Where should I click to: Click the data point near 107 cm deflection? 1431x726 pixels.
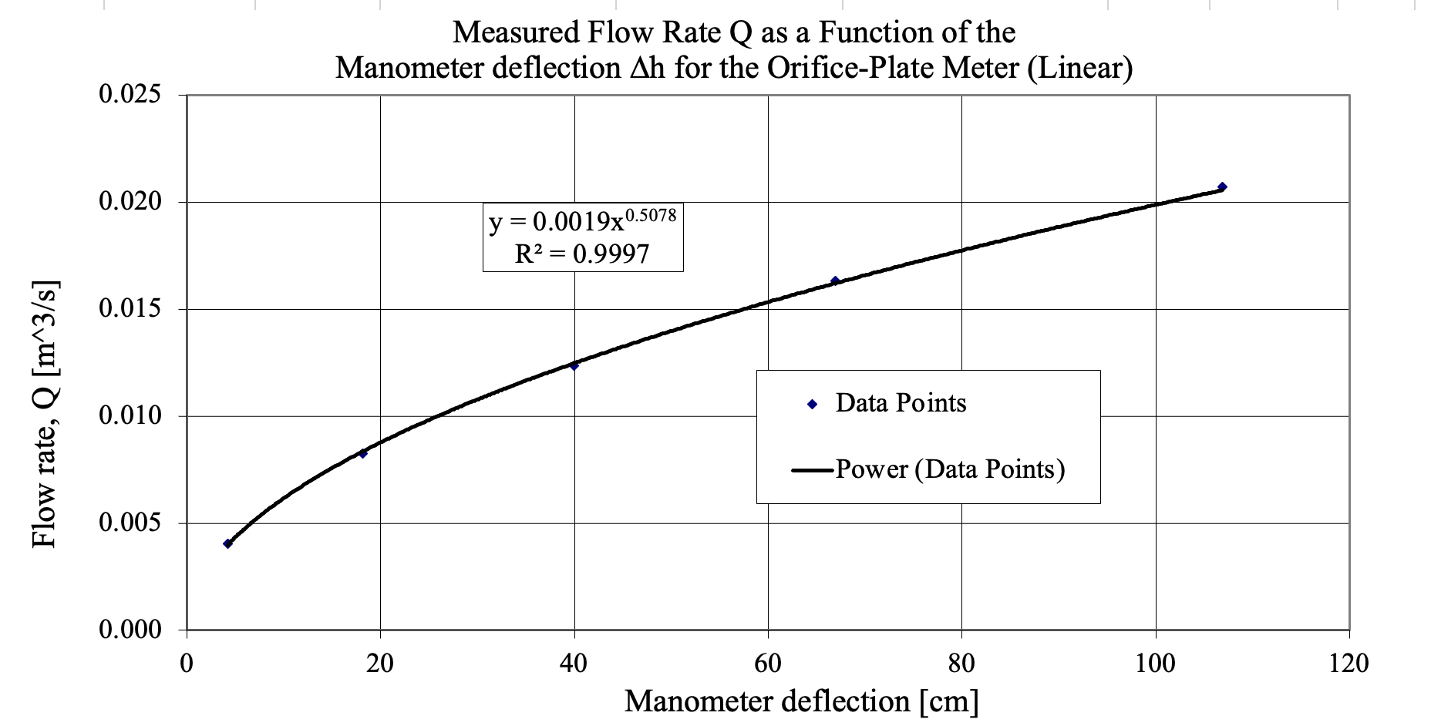click(x=1222, y=187)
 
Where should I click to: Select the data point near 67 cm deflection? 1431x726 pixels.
click(x=835, y=281)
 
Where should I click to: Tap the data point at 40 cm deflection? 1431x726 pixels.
click(x=574, y=365)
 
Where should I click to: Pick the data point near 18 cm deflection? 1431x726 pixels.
click(x=363, y=454)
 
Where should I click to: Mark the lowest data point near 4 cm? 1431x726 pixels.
click(x=227, y=544)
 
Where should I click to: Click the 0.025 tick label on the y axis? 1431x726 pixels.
click(x=130, y=95)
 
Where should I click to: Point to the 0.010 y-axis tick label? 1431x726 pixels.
click(x=130, y=416)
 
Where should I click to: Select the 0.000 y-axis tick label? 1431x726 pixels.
click(x=130, y=630)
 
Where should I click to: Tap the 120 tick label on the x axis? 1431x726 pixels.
click(x=1349, y=663)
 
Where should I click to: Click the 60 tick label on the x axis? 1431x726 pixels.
click(x=768, y=663)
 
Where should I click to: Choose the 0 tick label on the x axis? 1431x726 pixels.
click(x=187, y=663)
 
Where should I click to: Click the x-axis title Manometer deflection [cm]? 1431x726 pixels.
click(x=801, y=701)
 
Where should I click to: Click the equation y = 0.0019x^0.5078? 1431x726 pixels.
click(x=582, y=221)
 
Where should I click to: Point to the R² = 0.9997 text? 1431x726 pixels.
click(x=582, y=254)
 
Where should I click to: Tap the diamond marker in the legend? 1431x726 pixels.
click(x=812, y=404)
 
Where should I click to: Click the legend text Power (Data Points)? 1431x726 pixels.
click(x=950, y=469)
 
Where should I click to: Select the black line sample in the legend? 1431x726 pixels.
click(x=813, y=469)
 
